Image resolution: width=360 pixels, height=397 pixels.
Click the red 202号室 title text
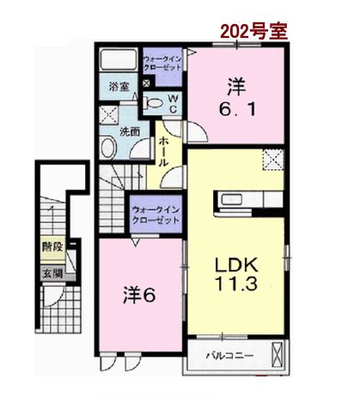pyautogui.click(x=253, y=31)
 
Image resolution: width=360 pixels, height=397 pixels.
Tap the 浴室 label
pyautogui.click(x=119, y=87)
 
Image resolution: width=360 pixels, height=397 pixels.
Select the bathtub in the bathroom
pyautogui.click(x=119, y=59)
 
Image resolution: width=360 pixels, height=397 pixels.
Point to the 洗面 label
pyautogui.click(x=130, y=131)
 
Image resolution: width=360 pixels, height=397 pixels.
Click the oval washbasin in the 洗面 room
pyautogui.click(x=108, y=148)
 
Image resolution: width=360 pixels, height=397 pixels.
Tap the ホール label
pyautogui.click(x=163, y=152)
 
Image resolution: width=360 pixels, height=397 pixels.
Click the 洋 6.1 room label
pyautogui.click(x=237, y=97)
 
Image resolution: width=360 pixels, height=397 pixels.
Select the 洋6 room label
pyautogui.click(x=139, y=295)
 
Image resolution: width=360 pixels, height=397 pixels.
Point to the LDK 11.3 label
pyautogui.click(x=236, y=274)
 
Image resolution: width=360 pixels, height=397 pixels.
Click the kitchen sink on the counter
pyautogui.click(x=229, y=199)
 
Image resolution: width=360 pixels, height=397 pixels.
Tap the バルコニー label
pyautogui.click(x=230, y=356)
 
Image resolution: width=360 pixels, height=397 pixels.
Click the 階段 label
pyautogui.click(x=52, y=247)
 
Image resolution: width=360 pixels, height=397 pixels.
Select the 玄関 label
pyautogui.click(x=52, y=274)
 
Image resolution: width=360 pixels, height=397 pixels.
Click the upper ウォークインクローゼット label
pyautogui.click(x=162, y=63)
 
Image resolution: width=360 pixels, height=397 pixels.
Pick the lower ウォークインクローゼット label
pyautogui.click(x=156, y=215)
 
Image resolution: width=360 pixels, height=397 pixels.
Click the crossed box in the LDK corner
pyautogui.click(x=273, y=160)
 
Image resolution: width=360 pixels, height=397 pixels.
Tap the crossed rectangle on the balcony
pyautogui.click(x=277, y=355)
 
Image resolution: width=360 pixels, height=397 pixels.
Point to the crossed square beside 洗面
pyautogui.click(x=108, y=115)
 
